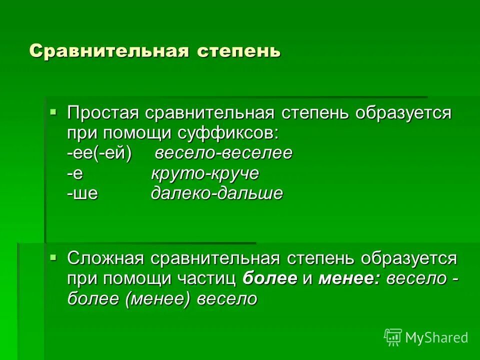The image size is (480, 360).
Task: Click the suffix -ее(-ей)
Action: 99,153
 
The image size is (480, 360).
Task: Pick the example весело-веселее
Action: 223,153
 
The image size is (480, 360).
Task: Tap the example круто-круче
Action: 205,173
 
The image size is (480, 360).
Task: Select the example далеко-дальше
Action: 216,193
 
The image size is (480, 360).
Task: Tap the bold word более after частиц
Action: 270,278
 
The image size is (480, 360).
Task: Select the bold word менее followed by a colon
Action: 349,278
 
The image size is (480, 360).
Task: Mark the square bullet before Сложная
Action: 53,256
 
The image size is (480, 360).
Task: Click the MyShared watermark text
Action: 436,337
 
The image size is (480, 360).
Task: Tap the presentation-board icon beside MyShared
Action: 393,337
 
